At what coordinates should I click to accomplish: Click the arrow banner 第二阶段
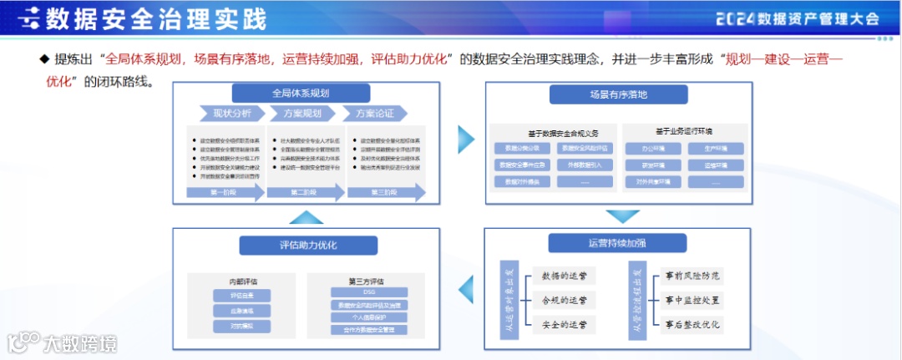301,193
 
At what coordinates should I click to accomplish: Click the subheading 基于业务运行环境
685,131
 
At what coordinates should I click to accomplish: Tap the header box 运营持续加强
617,243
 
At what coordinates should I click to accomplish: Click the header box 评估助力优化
297,246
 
